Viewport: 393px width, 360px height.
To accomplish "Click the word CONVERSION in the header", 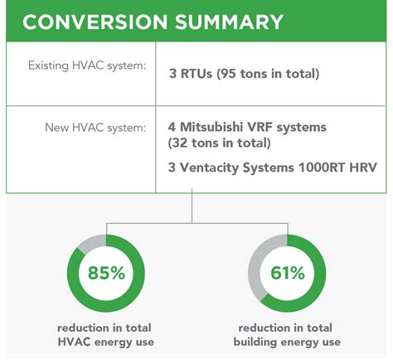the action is pyautogui.click(x=95, y=22).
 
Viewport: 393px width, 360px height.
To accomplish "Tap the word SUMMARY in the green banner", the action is pyautogui.click(x=230, y=22).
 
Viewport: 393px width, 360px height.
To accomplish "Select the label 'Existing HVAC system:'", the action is pyautogui.click(x=87, y=66).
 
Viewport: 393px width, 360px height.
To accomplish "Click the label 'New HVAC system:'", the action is pyautogui.click(x=95, y=128).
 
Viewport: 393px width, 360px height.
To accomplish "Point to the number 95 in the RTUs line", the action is pyautogui.click(x=228, y=74).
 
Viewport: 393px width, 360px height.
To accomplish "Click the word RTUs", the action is pyautogui.click(x=196, y=74).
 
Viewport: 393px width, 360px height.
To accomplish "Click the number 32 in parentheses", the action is pyautogui.click(x=179, y=143).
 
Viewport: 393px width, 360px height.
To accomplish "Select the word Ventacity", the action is pyautogui.click(x=209, y=168).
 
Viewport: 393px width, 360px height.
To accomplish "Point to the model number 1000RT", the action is pyautogui.click(x=321, y=168).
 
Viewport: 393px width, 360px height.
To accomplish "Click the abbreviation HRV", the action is pyautogui.click(x=363, y=168).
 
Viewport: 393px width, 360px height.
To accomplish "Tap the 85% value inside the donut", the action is pyautogui.click(x=106, y=273).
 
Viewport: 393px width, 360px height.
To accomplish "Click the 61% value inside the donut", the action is pyautogui.click(x=288, y=273).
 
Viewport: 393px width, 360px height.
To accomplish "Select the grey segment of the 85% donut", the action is pyautogui.click(x=90, y=243).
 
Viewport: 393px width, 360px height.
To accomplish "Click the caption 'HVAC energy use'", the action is pyautogui.click(x=105, y=342).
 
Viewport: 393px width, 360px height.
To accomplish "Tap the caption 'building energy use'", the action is pyautogui.click(x=287, y=342).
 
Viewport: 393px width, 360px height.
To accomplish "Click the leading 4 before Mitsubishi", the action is pyautogui.click(x=172, y=127).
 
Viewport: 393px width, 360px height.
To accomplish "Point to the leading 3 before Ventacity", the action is pyautogui.click(x=172, y=168).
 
